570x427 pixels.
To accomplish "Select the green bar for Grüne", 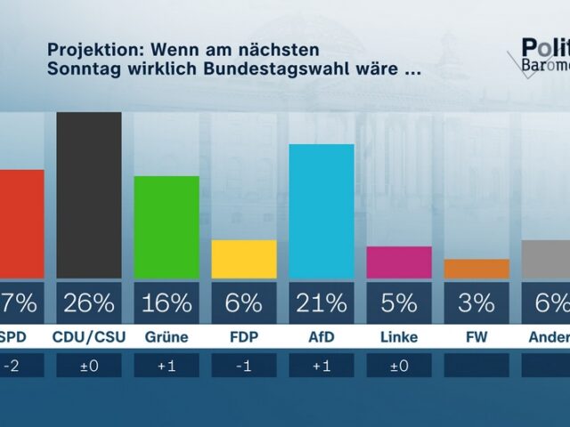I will click(167, 227).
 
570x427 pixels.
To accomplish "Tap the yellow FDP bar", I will click(244, 259).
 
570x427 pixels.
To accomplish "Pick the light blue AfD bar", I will click(322, 211).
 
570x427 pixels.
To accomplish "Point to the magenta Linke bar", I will click(399, 262).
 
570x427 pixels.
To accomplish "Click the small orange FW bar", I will click(476, 269).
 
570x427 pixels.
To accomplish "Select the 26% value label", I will click(89, 303).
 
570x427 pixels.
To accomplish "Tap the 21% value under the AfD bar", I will click(322, 303).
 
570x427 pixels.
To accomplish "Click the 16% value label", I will click(167, 303).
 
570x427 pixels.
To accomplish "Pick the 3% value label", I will click(476, 303).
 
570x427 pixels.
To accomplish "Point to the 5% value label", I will click(399, 303).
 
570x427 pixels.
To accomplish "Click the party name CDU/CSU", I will click(89, 337).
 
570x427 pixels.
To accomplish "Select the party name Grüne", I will click(167, 337).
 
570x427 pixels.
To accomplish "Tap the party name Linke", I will click(399, 337).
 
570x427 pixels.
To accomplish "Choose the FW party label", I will click(476, 337).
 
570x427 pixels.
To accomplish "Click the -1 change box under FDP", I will click(244, 365).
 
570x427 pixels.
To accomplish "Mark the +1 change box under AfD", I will click(322, 365).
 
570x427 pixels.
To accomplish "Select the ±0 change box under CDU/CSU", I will click(89, 365).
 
